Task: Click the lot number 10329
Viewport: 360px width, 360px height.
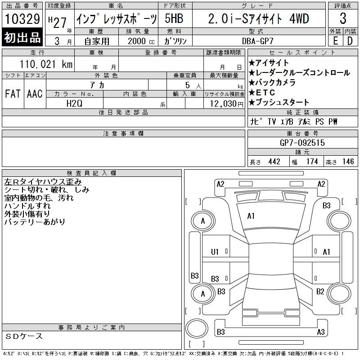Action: (x=22, y=19)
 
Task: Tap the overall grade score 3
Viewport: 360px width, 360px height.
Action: (x=343, y=18)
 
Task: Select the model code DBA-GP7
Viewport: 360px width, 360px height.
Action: (x=257, y=41)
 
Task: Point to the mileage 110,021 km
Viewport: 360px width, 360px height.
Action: (x=46, y=64)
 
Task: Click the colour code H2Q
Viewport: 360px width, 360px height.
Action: (x=74, y=103)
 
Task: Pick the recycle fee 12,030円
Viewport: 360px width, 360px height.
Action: (x=226, y=104)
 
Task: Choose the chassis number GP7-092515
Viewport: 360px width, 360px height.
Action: (x=302, y=143)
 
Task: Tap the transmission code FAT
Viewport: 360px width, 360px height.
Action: (x=13, y=94)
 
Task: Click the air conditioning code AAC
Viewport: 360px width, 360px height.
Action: (x=35, y=94)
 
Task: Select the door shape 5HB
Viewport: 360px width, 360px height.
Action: (x=174, y=18)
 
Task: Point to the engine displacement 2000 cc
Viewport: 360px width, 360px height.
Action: (x=141, y=41)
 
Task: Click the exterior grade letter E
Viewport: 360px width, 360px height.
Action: (x=335, y=41)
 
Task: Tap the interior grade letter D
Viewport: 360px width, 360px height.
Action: (x=350, y=41)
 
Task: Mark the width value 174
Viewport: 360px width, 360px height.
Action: (x=312, y=162)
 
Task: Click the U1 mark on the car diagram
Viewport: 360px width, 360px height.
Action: (x=215, y=252)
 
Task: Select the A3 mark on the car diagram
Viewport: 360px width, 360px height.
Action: (x=321, y=332)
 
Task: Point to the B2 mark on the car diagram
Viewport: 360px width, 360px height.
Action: (x=320, y=292)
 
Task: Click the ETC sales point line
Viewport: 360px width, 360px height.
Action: (x=262, y=92)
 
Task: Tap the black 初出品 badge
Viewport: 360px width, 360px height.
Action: (x=22, y=37)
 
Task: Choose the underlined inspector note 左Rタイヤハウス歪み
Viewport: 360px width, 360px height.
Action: (x=43, y=182)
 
